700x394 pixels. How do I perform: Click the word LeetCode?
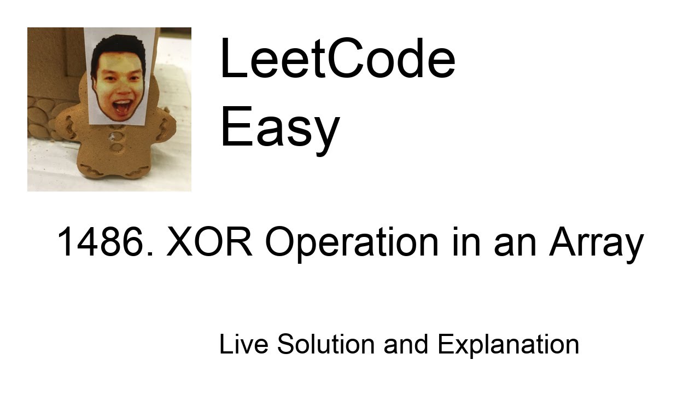coord(337,59)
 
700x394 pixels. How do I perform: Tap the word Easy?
coord(279,127)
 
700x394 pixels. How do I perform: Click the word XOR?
coord(209,242)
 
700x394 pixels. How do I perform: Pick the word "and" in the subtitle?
coord(406,344)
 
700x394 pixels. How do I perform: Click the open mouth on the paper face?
coord(122,106)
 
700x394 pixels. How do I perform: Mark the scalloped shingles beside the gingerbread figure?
coord(41,118)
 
